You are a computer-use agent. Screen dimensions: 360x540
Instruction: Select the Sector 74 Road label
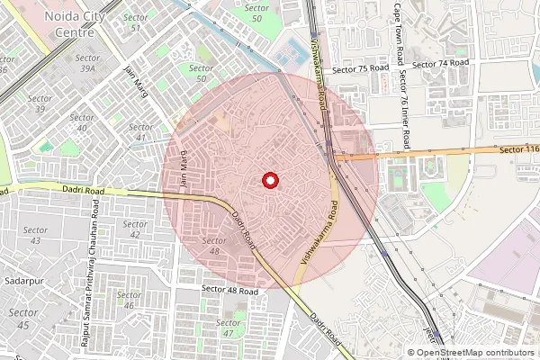[441, 64]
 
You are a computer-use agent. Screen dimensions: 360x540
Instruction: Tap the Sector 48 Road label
[229, 291]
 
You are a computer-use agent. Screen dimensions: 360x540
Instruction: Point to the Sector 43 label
[36, 236]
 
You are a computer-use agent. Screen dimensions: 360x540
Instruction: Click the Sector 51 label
[136, 22]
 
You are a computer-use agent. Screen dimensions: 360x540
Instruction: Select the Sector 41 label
[139, 131]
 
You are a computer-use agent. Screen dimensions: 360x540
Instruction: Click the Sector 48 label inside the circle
[213, 246]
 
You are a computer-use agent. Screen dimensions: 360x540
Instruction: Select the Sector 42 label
[135, 229]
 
